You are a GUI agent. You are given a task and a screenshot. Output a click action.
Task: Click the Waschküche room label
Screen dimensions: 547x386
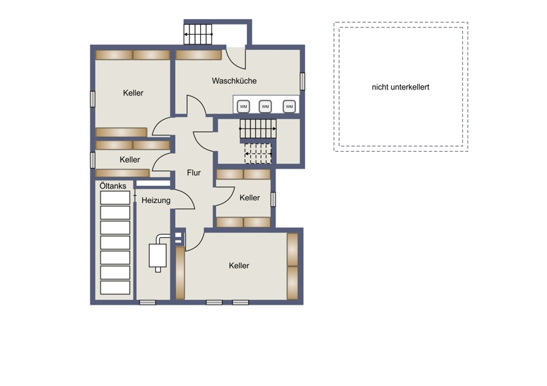click(x=234, y=81)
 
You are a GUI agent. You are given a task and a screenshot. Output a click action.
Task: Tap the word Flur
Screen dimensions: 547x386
click(x=194, y=173)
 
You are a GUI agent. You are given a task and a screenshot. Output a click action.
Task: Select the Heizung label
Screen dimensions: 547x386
click(x=156, y=200)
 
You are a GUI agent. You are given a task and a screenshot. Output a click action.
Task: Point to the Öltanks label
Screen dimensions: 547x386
click(x=113, y=186)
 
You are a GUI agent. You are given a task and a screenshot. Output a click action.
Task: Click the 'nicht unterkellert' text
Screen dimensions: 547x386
click(x=401, y=87)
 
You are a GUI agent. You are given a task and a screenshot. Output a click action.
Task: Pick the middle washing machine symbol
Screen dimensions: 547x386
click(x=265, y=107)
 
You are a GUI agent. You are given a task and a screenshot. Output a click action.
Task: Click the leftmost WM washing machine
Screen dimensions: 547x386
click(x=243, y=107)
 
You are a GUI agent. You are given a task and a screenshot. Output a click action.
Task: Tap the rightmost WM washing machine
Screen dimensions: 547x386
click(x=289, y=107)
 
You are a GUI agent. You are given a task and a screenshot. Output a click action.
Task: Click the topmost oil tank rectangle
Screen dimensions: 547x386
click(x=115, y=197)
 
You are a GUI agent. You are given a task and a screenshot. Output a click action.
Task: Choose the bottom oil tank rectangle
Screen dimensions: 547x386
click(x=115, y=288)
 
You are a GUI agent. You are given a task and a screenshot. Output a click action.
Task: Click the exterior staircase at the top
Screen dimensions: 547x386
click(x=198, y=34)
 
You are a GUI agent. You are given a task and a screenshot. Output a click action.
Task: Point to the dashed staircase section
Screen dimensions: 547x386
click(x=258, y=154)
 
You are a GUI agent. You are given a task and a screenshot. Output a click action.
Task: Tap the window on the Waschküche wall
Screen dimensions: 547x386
click(x=302, y=81)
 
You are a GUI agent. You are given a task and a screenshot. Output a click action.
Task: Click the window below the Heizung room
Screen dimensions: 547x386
click(x=148, y=303)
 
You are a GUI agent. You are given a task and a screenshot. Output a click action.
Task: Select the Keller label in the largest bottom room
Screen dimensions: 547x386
click(x=239, y=266)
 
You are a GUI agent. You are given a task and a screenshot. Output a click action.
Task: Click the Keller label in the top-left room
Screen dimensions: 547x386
click(x=133, y=93)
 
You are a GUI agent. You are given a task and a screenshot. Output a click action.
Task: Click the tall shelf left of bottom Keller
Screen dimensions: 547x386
click(x=180, y=273)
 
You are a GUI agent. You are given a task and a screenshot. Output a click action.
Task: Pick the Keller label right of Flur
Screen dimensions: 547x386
click(x=250, y=197)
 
